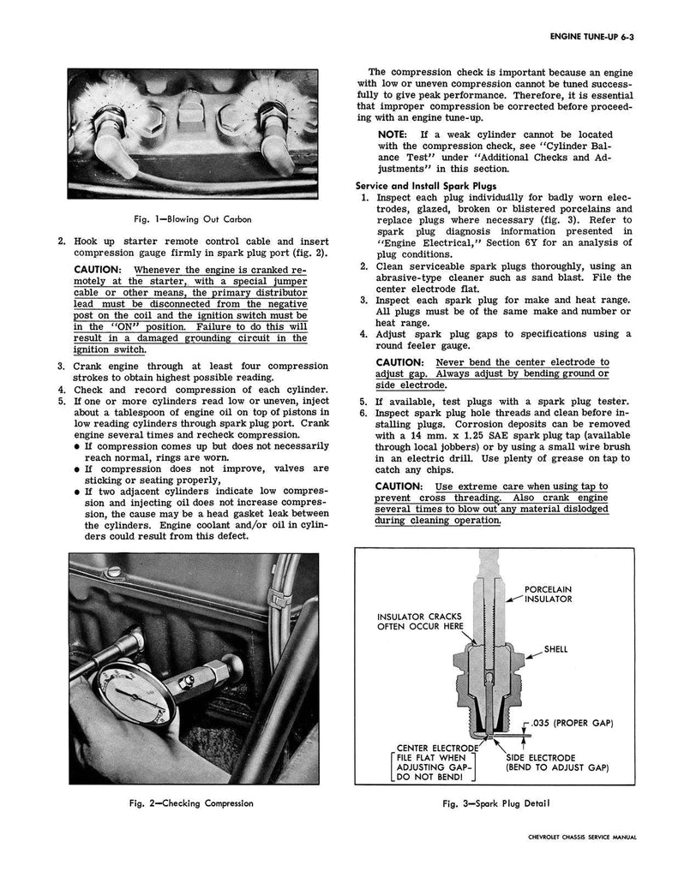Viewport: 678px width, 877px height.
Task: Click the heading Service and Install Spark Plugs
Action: point(420,186)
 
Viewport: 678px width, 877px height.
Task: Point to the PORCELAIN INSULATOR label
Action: point(549,594)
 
